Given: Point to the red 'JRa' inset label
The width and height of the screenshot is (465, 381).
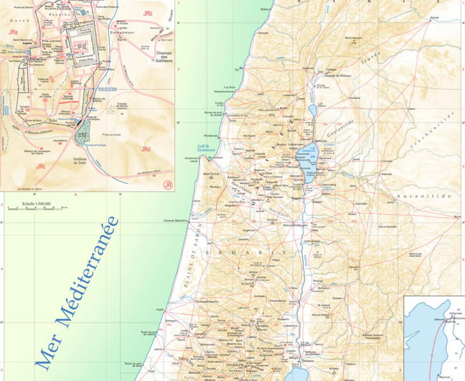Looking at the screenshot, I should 12,30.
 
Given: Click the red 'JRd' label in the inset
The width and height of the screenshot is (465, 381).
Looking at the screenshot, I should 146,149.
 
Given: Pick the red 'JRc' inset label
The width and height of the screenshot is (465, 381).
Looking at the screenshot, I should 42,166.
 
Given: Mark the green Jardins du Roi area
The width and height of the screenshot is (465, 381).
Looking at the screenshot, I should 83,133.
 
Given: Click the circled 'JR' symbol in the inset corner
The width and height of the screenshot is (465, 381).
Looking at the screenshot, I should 167,185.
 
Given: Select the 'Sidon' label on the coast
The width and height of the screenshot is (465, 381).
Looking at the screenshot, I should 265,9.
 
